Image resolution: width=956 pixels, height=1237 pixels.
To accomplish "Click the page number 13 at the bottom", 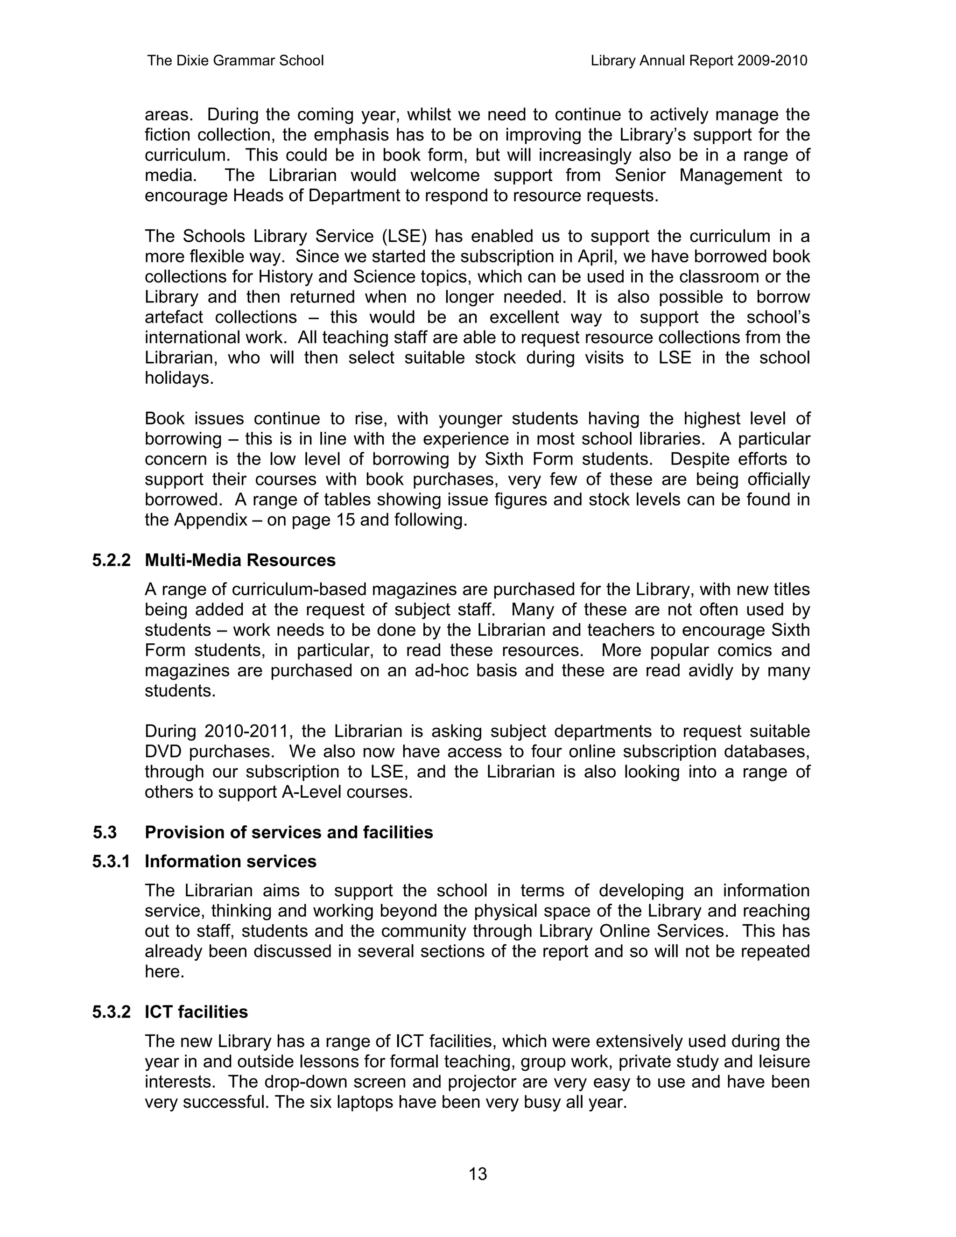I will point(478,1174).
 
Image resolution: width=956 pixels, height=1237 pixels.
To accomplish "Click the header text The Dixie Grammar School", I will point(235,61).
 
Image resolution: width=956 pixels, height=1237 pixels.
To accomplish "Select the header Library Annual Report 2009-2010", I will point(698,61).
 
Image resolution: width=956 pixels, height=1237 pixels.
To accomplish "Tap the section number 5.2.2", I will point(111,560).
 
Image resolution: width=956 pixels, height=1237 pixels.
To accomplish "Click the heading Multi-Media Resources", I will point(240,560).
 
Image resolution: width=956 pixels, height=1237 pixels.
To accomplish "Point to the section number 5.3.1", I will point(111,862).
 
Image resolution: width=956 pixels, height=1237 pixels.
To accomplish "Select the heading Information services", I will point(231,862).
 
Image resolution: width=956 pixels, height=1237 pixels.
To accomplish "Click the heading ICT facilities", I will point(196,1012).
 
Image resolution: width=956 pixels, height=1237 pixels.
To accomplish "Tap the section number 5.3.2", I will point(111,1012).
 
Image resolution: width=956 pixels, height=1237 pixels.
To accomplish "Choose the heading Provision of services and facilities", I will point(289,832).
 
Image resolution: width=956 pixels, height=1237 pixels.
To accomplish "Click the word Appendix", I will point(211,520).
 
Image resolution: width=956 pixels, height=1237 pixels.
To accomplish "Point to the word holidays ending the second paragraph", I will point(179,378).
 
